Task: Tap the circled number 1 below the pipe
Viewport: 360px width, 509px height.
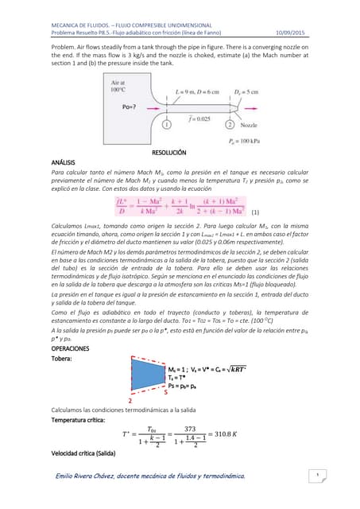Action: click(167, 125)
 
